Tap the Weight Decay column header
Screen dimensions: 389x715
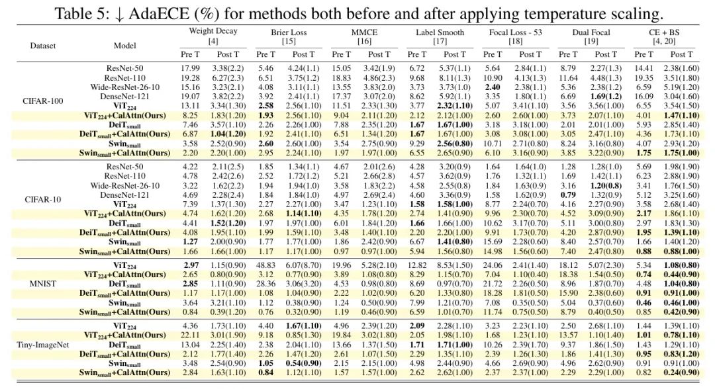click(213, 31)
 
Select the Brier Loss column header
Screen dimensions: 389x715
click(289, 32)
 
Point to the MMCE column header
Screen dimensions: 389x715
click(363, 32)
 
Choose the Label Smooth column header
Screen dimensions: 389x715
click(439, 32)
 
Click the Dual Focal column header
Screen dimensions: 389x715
click(591, 32)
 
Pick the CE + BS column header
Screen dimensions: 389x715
click(666, 32)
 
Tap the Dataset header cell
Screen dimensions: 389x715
click(43, 46)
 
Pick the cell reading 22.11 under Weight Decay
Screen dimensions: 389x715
click(190, 335)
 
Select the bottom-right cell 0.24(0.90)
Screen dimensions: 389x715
click(682, 372)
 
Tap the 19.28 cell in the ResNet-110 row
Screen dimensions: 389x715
click(190, 77)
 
